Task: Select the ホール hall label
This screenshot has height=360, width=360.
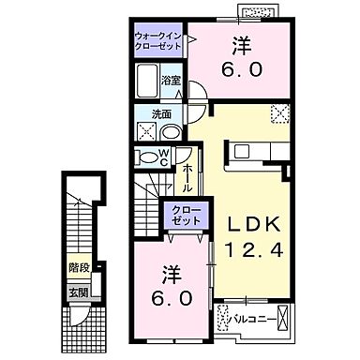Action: pos(187,177)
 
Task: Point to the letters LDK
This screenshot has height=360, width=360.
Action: pos(247,225)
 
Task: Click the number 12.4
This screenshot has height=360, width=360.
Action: pos(248,249)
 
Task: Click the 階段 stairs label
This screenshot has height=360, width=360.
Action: pos(80,266)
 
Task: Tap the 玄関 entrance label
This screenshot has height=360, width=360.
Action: pos(78,291)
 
